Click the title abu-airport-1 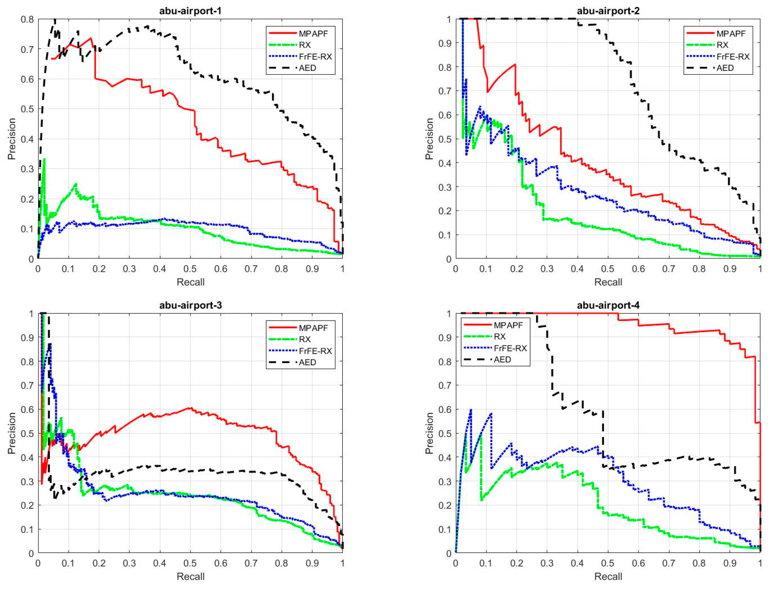pos(190,11)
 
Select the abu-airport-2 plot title pos(608,11)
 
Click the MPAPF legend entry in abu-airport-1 pos(313,34)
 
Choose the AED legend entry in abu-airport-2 pos(725,68)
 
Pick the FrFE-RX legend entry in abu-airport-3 pos(315,351)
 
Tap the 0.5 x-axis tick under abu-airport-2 pos(608,269)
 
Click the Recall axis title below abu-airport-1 pos(190,282)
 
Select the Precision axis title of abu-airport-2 pos(429,139)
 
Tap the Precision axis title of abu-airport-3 pos(12,433)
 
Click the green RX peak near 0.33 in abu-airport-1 pos(44,160)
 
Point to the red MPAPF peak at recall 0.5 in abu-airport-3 pos(190,408)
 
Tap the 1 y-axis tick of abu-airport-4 pos(449,314)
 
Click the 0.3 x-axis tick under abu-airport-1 pos(129,269)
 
